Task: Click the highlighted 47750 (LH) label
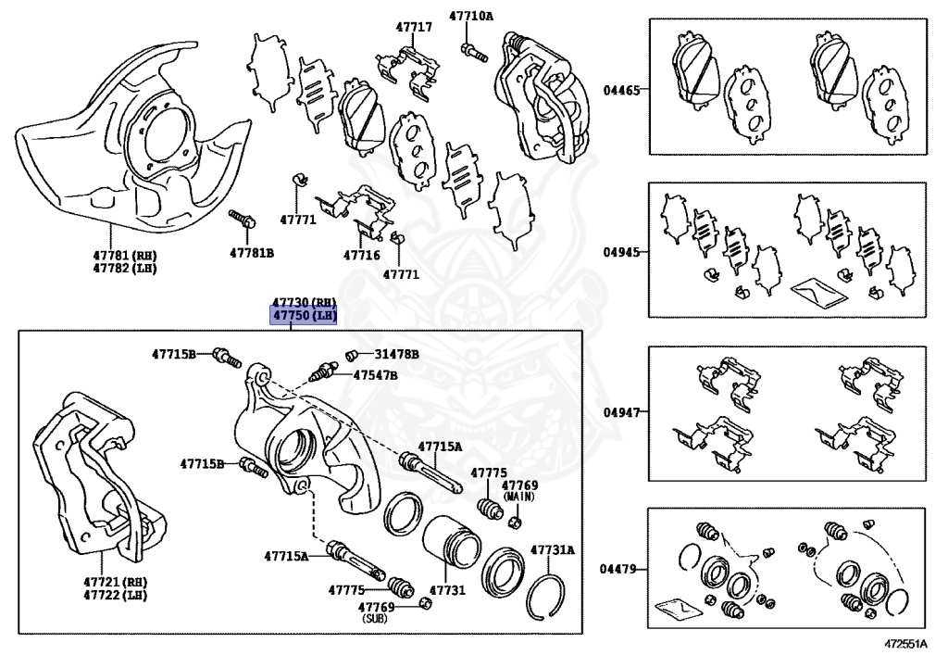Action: [303, 315]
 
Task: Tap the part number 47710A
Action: [471, 16]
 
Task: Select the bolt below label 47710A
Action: [473, 51]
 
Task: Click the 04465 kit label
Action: [621, 90]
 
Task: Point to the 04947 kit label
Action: [621, 412]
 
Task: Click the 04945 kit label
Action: [621, 252]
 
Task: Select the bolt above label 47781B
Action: [242, 219]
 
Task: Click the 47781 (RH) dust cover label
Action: [125, 255]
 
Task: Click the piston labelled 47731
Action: [451, 544]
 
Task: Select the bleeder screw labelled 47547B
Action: [322, 372]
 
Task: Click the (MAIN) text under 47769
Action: [519, 498]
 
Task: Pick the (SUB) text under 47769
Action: [375, 619]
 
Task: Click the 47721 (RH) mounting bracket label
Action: [116, 582]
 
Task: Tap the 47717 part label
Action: [414, 27]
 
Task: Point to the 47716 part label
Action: [362, 255]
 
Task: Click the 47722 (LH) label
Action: [116, 595]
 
